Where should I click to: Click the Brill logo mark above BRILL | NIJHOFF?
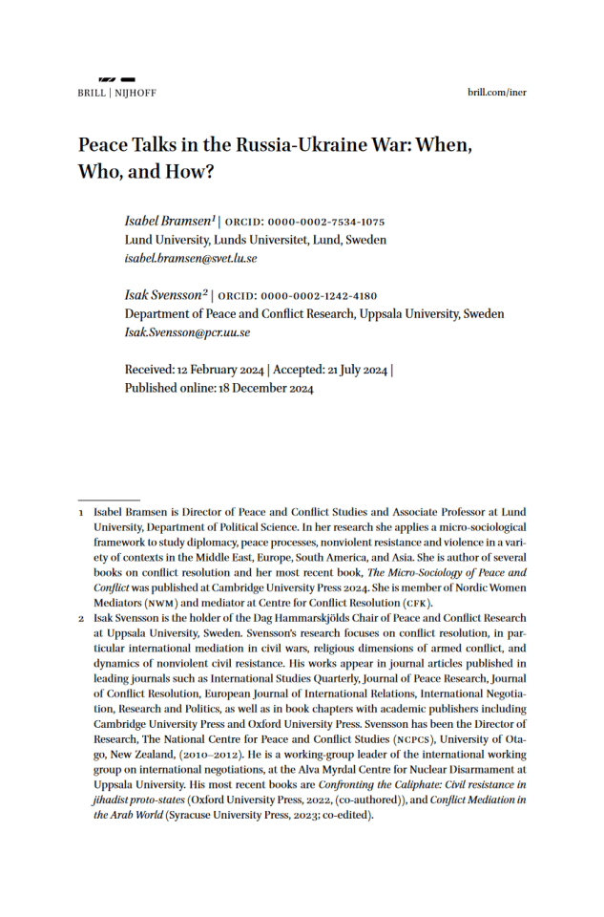(116, 79)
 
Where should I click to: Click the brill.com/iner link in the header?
(497, 93)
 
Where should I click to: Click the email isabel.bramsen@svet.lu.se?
(191, 258)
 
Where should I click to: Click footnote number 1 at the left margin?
(81, 513)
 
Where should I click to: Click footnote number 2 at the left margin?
(81, 619)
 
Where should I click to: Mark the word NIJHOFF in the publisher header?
(135, 93)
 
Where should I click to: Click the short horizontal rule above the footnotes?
(109, 499)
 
